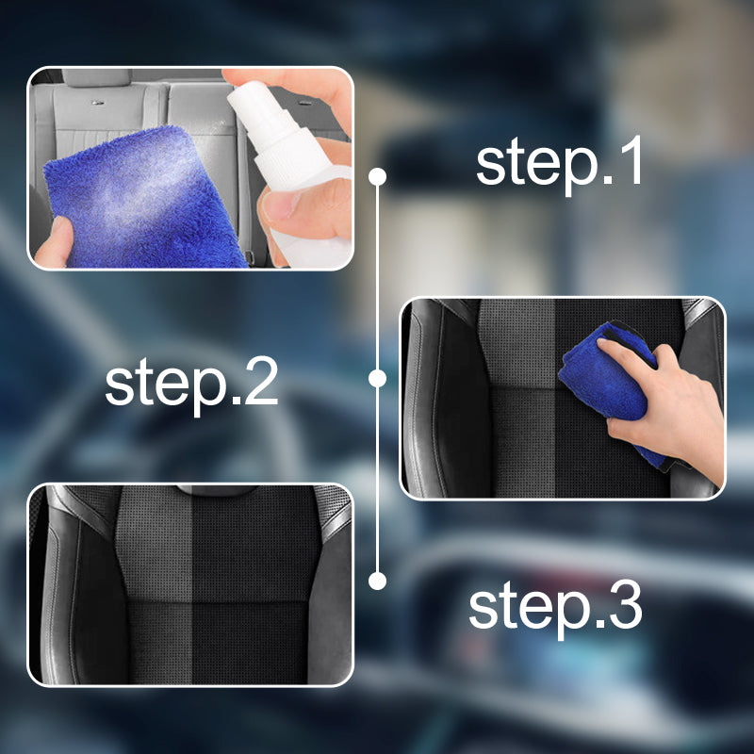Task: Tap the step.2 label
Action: pos(191,384)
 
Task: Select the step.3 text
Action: pos(555,607)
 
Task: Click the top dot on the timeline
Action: pos(378,176)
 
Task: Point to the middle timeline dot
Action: pos(378,379)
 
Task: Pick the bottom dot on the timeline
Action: pos(378,581)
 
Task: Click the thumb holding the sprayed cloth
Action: pos(53,243)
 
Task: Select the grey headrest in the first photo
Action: pos(96,77)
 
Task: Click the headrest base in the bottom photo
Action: pos(217,490)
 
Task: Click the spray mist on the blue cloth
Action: pos(144,192)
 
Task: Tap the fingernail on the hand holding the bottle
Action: pos(278,205)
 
